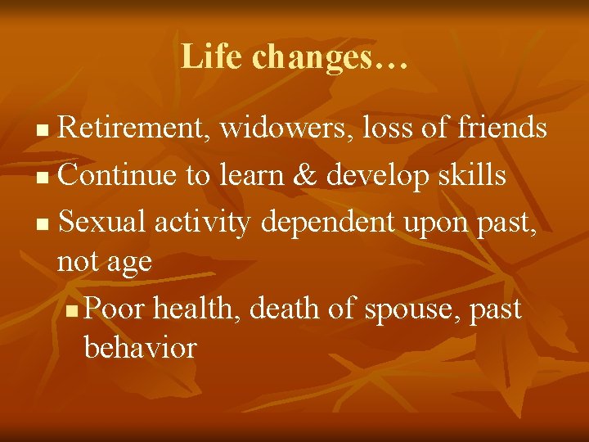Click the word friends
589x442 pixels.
tap(502, 128)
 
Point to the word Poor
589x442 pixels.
tap(115, 309)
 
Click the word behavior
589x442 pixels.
tap(140, 349)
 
